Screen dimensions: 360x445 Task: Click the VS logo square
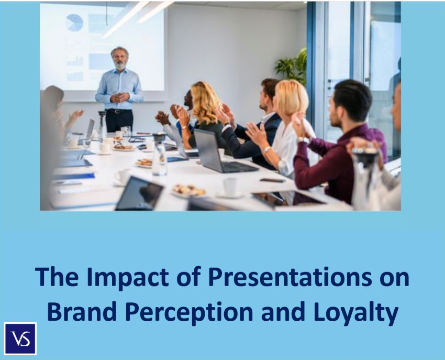20,339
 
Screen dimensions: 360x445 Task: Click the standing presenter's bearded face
120,59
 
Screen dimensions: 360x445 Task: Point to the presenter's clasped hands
119,97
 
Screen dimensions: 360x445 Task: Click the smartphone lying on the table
272,180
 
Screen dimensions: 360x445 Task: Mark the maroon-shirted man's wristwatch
303,140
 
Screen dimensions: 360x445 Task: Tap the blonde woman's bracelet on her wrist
266,149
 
